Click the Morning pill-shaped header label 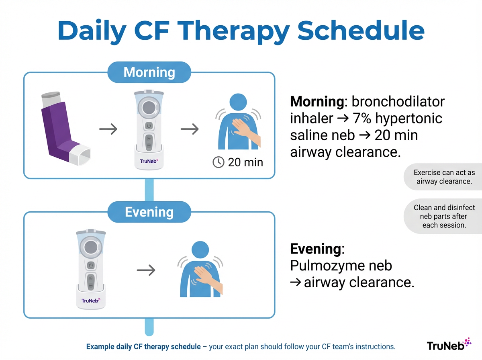149,72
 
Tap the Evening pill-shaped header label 149,212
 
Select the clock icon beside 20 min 218,162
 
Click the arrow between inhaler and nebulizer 108,129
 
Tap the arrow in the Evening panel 146,270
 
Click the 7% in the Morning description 361,119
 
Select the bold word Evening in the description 315,249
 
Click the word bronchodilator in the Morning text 397,101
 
